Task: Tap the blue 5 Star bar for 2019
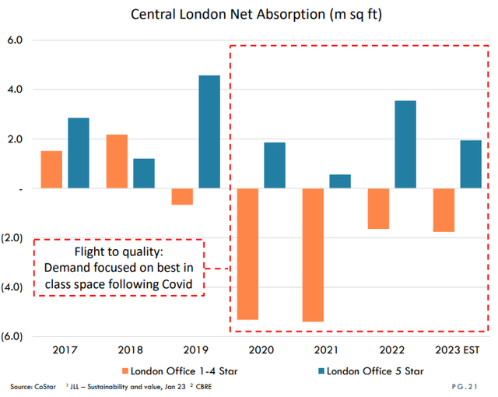point(209,132)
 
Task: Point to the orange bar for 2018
point(117,162)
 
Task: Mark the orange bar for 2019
point(182,197)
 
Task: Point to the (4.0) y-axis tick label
point(15,287)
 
